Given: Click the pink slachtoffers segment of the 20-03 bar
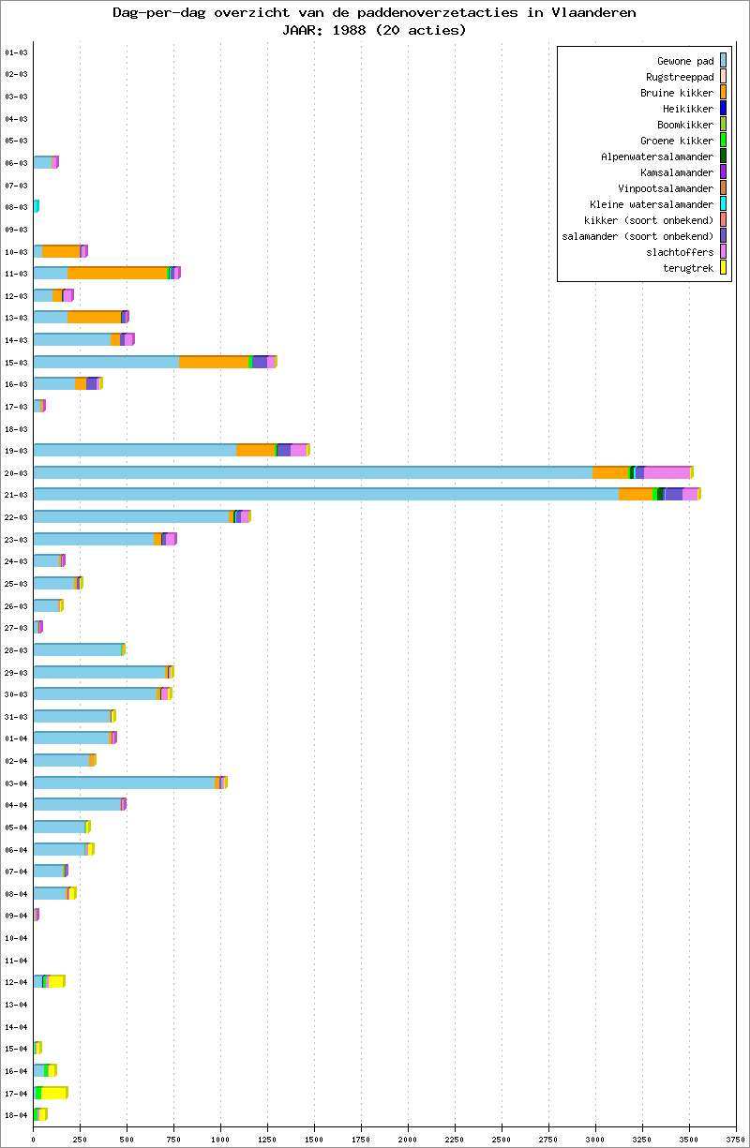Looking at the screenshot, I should click(667, 472).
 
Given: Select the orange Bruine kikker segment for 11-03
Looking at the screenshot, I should click(117, 273).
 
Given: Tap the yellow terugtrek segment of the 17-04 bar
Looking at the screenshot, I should click(54, 1093).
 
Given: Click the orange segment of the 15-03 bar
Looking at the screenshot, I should click(214, 362).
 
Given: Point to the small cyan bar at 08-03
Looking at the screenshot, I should click(36, 206).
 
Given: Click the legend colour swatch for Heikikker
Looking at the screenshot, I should click(723, 109).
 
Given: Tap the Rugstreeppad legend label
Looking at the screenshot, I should click(680, 77).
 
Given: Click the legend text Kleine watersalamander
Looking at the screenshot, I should click(652, 204).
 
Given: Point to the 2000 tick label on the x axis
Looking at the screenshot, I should click(408, 1140).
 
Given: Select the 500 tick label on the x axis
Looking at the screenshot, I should click(127, 1140).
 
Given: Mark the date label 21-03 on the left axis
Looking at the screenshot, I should click(16, 495).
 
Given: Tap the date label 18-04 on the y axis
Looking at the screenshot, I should click(16, 1115).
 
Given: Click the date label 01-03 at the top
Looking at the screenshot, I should click(16, 52).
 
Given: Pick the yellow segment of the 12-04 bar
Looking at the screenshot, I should click(56, 981).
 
